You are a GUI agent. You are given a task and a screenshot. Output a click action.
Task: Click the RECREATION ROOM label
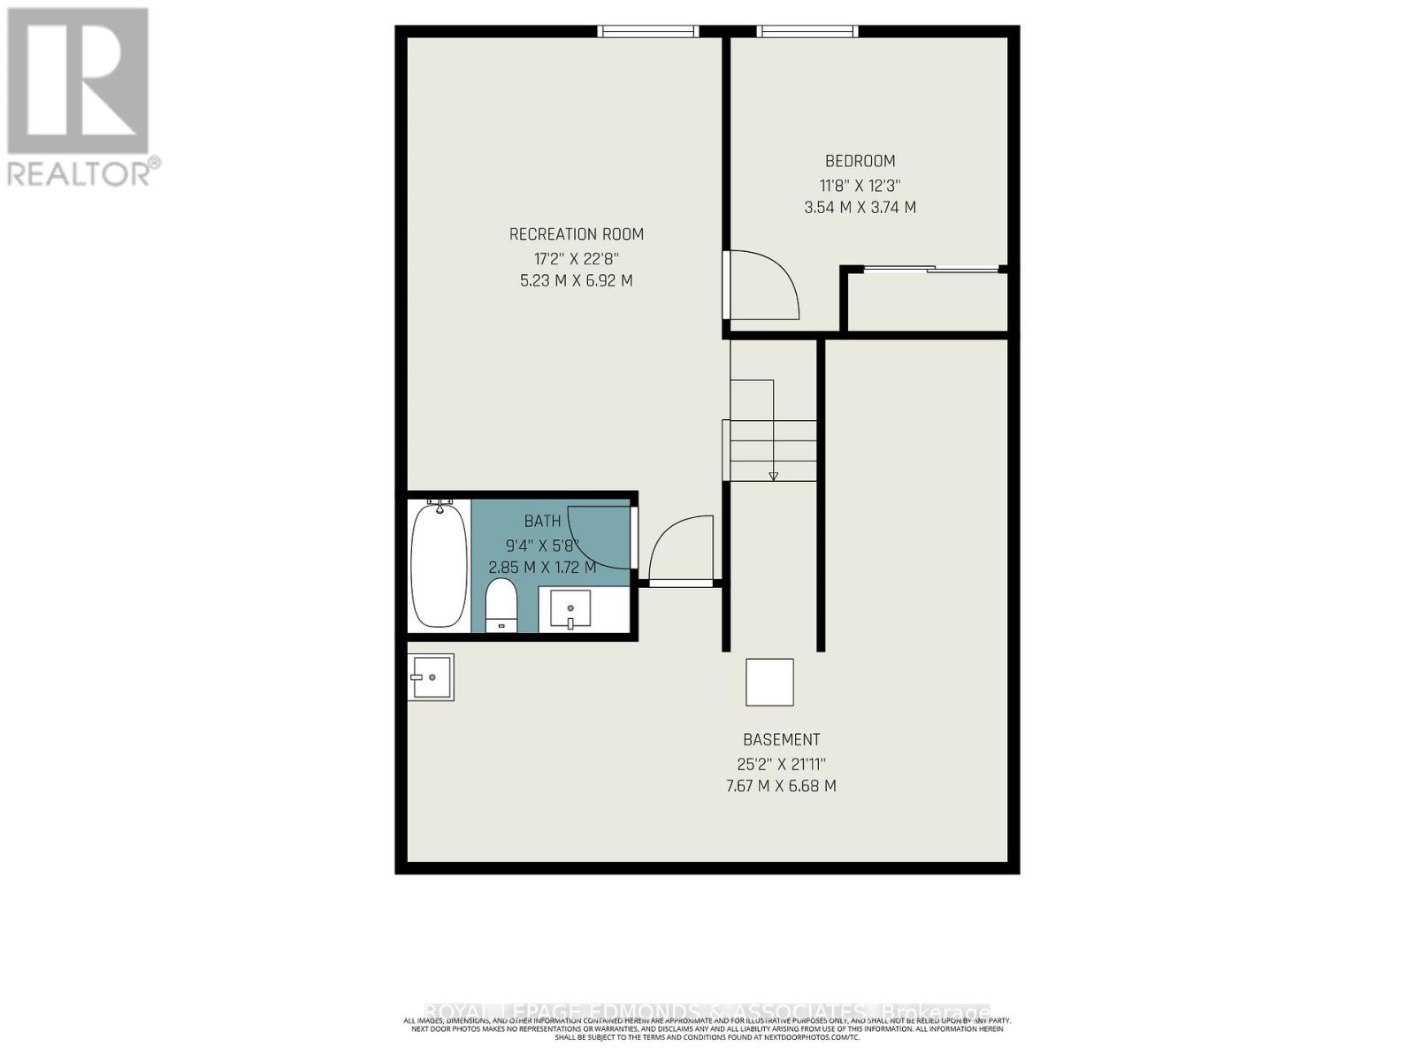pos(576,234)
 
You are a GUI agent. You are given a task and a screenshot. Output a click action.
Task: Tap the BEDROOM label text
pos(860,161)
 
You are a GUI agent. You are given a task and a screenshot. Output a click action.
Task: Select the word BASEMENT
pos(781,739)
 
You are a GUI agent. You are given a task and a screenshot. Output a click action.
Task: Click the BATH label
pos(542,522)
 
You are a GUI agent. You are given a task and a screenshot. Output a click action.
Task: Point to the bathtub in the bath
pos(439,563)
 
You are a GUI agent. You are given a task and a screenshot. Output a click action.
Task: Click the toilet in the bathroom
pos(501,606)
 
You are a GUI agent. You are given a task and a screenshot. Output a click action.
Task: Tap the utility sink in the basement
pos(431,677)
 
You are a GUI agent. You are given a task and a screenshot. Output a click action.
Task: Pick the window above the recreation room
pos(648,32)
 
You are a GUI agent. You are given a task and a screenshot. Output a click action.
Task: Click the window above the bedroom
pos(807,32)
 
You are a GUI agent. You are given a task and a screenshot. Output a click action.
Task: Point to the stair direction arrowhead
pos(773,476)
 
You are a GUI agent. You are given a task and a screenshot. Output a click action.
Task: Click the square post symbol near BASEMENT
pos(769,682)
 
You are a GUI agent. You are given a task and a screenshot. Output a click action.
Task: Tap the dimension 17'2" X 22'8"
pos(576,259)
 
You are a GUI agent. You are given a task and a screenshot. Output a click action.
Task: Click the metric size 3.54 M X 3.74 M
pos(860,208)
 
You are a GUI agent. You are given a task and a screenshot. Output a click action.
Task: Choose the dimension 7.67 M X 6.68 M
pos(781,786)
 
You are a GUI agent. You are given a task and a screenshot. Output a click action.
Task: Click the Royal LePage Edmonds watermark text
pos(707,1011)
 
